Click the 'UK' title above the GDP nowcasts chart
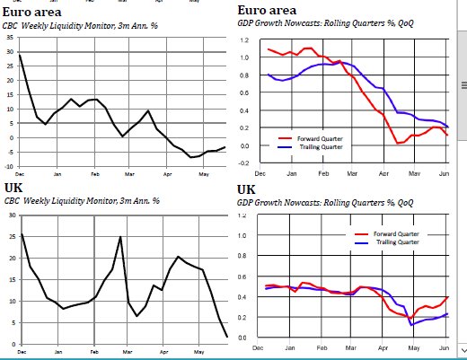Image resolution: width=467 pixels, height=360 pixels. (x=248, y=189)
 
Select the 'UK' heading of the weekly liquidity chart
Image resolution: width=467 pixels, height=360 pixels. (x=14, y=187)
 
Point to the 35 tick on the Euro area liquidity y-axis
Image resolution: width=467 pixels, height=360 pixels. (x=9, y=40)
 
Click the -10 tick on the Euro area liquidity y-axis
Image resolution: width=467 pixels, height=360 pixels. (x=8, y=166)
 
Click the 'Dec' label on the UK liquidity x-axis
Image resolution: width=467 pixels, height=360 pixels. (x=20, y=351)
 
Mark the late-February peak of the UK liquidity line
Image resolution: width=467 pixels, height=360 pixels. (x=120, y=237)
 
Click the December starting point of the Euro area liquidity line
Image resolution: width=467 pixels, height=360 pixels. (x=20, y=56)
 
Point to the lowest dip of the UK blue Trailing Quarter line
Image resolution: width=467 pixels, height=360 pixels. (x=412, y=324)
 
